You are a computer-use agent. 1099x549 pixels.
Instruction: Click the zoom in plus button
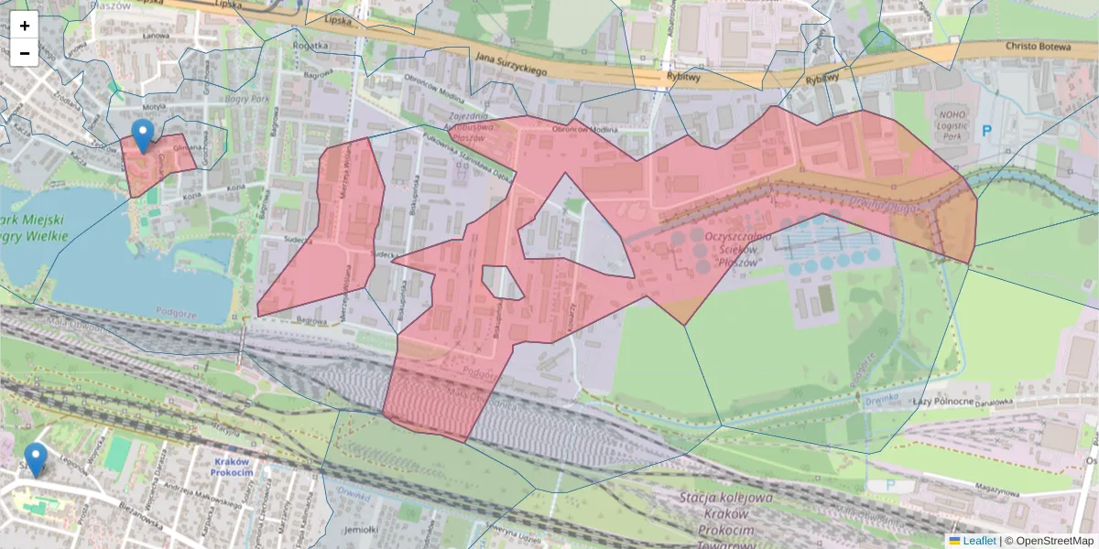25,26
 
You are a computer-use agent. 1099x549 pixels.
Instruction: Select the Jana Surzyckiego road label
511,64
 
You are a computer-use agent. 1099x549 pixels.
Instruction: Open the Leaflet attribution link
979,541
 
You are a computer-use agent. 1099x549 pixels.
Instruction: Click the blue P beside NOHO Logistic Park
986,131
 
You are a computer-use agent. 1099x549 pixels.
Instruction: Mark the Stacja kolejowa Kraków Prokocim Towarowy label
726,514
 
